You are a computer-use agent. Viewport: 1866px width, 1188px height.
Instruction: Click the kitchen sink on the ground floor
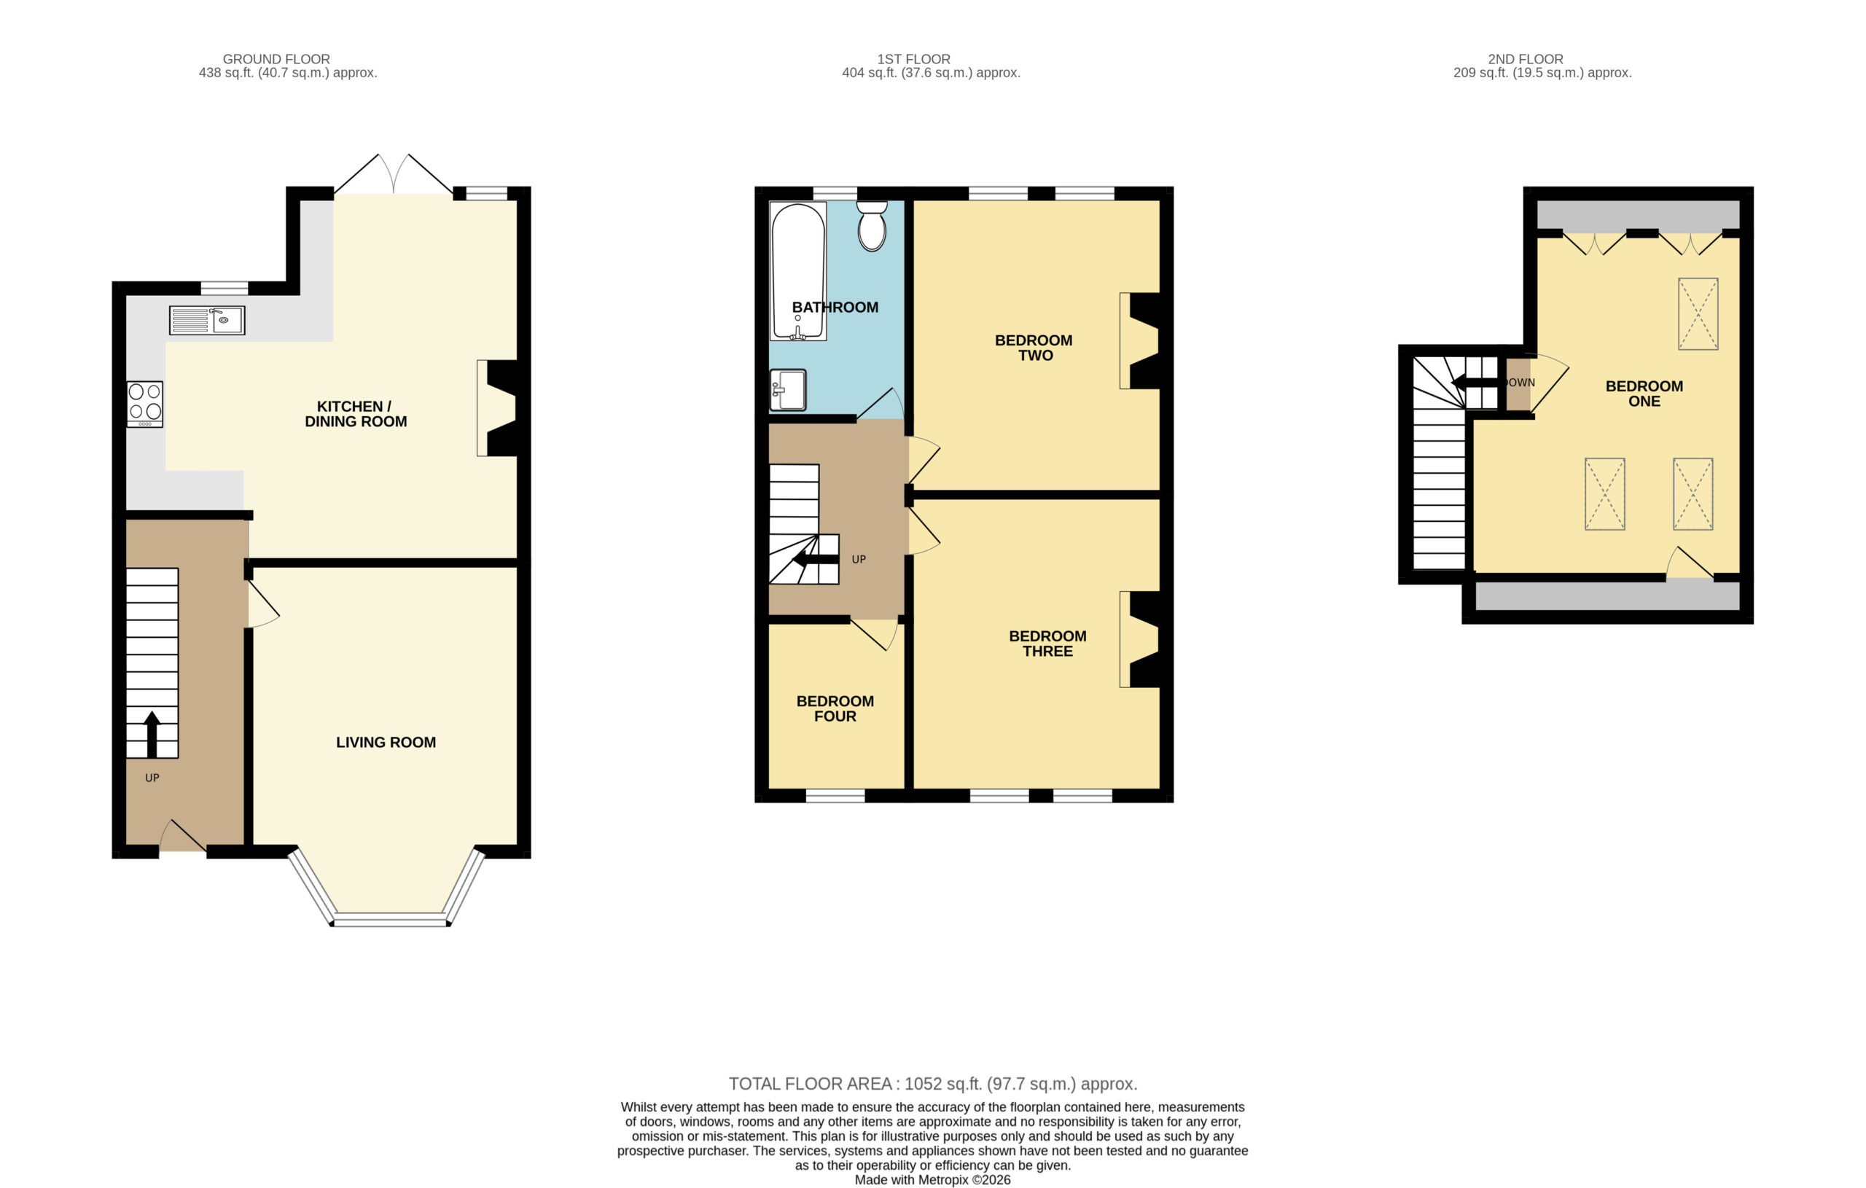click(207, 320)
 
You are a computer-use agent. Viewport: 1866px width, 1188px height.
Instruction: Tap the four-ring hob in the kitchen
click(145, 404)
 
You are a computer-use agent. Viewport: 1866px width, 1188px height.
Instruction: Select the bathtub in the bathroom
click(798, 271)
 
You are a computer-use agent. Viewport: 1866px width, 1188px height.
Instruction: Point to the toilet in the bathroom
click(872, 226)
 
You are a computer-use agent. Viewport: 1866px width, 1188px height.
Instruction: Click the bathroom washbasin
click(788, 389)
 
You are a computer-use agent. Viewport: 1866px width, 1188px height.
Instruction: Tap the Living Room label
click(386, 743)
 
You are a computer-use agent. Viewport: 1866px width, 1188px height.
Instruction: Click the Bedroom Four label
click(835, 708)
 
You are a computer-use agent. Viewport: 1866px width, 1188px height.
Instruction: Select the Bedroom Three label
click(1047, 644)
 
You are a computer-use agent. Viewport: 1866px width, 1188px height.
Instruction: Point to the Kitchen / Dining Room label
click(356, 414)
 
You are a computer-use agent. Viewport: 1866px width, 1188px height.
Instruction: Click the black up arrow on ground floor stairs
click(152, 734)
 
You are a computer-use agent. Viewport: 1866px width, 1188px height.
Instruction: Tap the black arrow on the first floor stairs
click(814, 558)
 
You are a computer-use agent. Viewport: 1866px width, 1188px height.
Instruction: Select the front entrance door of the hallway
click(183, 836)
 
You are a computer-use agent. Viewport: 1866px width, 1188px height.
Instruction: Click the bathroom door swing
click(881, 404)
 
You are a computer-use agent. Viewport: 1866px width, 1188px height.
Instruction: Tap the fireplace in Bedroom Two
click(1140, 340)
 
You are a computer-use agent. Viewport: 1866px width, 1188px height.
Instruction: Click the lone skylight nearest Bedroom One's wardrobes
click(1698, 314)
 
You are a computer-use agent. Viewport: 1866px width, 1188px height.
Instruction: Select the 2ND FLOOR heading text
click(1526, 59)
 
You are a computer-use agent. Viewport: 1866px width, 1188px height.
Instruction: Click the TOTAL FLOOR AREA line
click(933, 1083)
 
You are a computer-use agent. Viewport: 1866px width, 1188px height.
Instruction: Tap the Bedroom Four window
click(835, 796)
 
